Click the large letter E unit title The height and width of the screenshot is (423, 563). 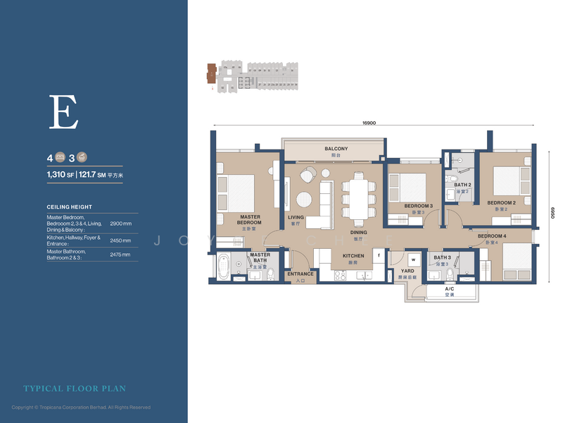(63, 112)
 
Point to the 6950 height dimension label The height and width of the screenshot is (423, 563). (552, 209)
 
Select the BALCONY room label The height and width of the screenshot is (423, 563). (336, 149)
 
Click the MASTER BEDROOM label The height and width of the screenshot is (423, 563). (250, 220)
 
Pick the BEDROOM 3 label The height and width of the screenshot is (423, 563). (418, 206)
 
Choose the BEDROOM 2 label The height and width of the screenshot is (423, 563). (502, 202)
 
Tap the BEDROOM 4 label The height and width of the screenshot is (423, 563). (491, 236)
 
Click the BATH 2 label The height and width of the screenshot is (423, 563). (462, 185)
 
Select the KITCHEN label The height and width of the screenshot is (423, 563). (353, 256)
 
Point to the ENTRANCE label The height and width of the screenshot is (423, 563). (301, 274)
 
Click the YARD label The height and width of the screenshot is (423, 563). (407, 271)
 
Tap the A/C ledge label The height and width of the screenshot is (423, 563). (450, 288)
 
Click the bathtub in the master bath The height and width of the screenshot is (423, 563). (224, 267)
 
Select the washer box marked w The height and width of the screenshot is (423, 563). (414, 259)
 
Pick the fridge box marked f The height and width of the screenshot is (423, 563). (379, 256)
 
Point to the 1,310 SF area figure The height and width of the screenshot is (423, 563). (60, 173)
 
